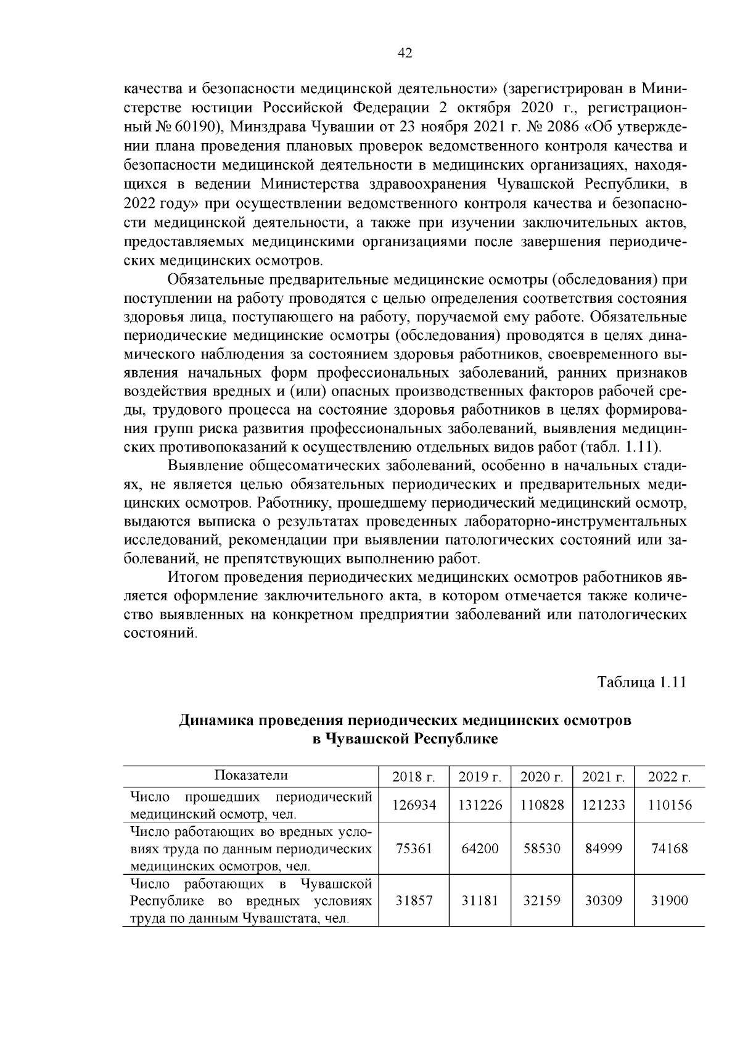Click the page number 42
(405, 53)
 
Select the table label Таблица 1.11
(641, 682)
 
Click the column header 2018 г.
(413, 777)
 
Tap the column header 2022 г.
(669, 777)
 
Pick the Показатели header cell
(251, 776)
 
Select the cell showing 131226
(480, 805)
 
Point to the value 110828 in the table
(542, 805)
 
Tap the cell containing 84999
(604, 848)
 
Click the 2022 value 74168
(669, 848)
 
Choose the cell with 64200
(480, 848)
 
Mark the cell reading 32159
(542, 901)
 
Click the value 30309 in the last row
(604, 901)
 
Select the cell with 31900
(669, 901)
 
